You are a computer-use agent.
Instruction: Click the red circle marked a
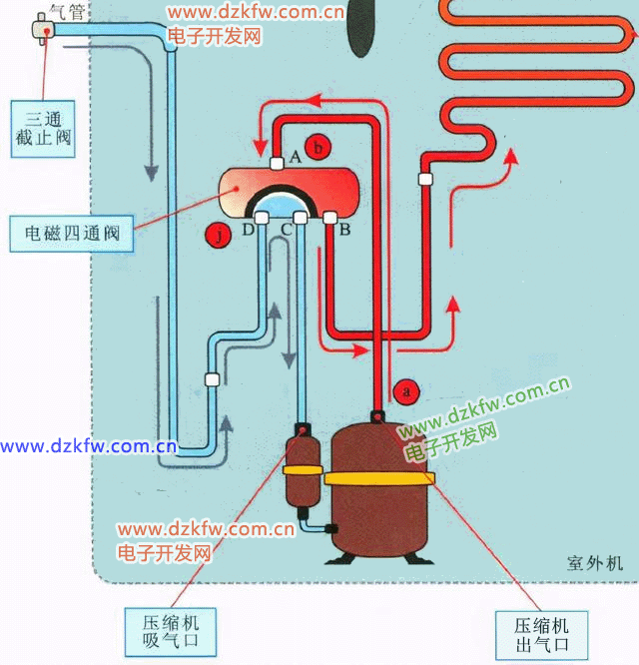pos(405,391)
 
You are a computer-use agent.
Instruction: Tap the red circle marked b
pos(318,147)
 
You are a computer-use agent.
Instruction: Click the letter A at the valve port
pos(296,156)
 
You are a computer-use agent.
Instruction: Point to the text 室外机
pos(594,563)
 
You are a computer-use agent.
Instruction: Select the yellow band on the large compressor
pos(379,480)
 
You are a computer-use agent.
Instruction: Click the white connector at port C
pos(300,219)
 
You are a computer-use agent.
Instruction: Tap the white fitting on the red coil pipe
pos(426,181)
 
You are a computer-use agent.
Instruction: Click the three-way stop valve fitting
pos(42,30)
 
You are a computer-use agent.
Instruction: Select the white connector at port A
pos(278,162)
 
